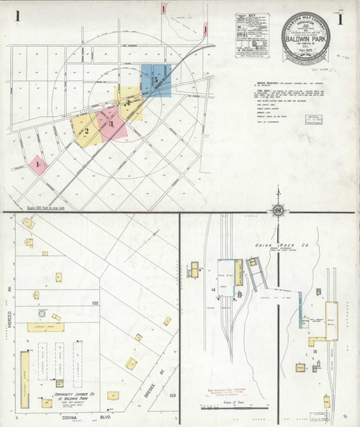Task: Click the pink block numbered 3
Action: tap(112, 125)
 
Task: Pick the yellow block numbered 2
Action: tap(86, 130)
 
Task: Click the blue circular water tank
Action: tap(42, 313)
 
